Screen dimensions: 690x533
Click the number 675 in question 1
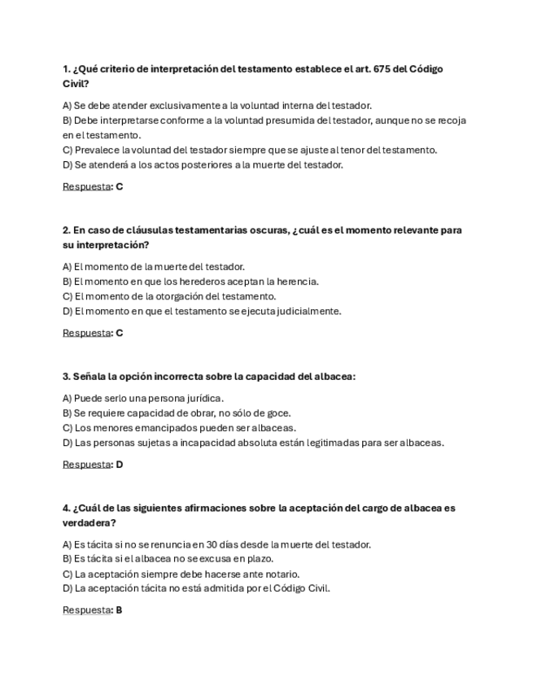click(x=382, y=69)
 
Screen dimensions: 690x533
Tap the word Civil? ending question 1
click(x=76, y=84)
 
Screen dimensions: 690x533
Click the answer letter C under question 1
click(x=120, y=186)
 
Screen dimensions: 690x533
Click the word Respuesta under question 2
click(x=86, y=333)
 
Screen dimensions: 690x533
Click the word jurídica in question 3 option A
click(x=204, y=399)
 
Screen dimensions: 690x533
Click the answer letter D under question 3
click(x=120, y=465)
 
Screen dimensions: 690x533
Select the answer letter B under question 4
click(x=119, y=609)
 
